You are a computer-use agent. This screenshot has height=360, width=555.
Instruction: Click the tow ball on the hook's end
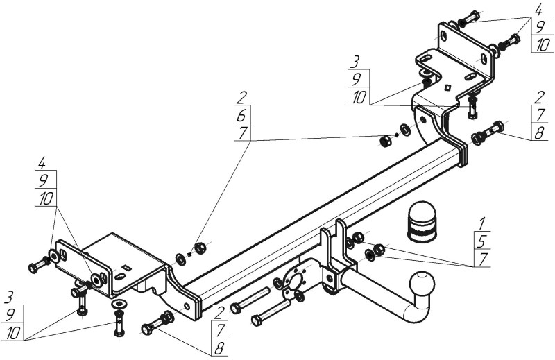click(421, 284)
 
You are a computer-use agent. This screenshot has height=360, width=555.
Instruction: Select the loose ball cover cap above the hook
click(422, 221)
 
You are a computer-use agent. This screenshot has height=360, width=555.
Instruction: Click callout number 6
click(243, 114)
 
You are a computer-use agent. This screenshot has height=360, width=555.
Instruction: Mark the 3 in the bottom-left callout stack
click(10, 297)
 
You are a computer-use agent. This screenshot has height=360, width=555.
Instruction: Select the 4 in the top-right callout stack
click(538, 10)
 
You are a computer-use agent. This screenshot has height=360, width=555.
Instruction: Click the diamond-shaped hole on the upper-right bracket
click(447, 87)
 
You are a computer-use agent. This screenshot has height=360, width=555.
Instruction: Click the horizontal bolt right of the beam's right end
click(488, 132)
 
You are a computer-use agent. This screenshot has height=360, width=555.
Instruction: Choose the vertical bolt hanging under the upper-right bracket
click(472, 108)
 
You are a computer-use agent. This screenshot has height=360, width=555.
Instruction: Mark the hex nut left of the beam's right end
click(385, 141)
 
